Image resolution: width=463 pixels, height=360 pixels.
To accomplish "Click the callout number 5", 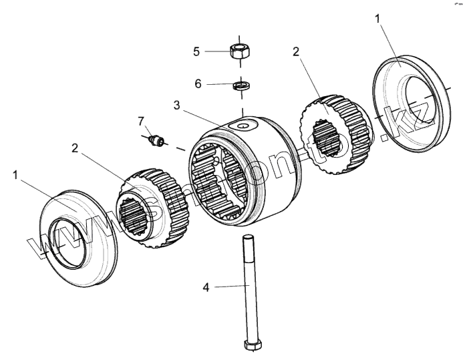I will [x=196, y=51].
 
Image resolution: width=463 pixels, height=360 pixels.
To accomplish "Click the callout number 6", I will [x=196, y=84].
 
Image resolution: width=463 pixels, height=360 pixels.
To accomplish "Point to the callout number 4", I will [x=206, y=287].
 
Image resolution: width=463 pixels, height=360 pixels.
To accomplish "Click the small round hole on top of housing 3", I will [x=242, y=124].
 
